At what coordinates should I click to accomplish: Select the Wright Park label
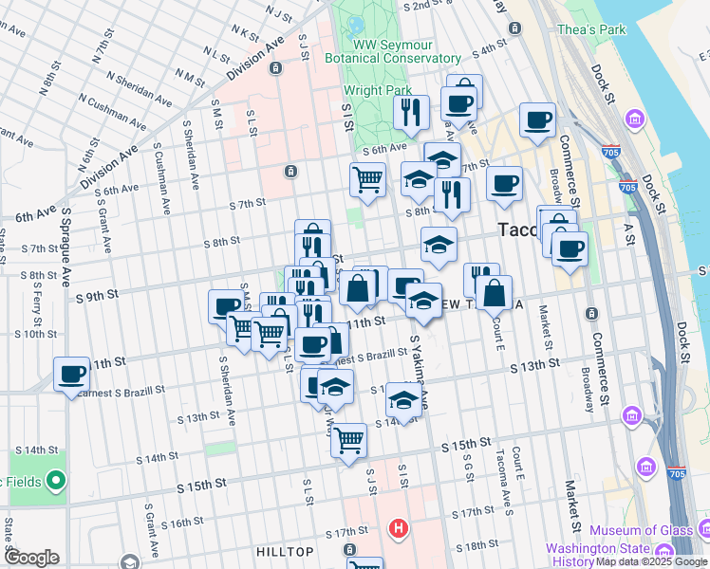pos(378,92)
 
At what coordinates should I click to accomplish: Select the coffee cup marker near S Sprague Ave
pos(72,374)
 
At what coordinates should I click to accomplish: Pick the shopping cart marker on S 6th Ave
pos(366,178)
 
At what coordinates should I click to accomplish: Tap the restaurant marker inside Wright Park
pos(411,112)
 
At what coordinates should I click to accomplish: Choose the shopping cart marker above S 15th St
pos(349,439)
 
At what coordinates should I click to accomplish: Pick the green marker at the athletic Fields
pos(55,481)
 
